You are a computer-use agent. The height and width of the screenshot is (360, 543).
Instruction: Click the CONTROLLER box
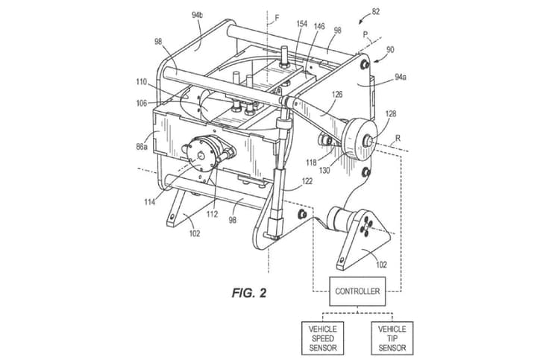pyautogui.click(x=357, y=291)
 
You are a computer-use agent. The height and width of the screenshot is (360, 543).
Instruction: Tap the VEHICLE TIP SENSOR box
pyautogui.click(x=392, y=338)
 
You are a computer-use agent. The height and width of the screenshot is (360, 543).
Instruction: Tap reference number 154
pyautogui.click(x=301, y=25)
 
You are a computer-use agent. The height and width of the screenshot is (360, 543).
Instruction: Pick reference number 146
pyautogui.click(x=319, y=25)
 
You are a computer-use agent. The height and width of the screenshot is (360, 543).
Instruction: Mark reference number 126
pyautogui.click(x=337, y=95)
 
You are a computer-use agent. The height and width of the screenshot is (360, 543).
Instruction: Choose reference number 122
pyautogui.click(x=307, y=181)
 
